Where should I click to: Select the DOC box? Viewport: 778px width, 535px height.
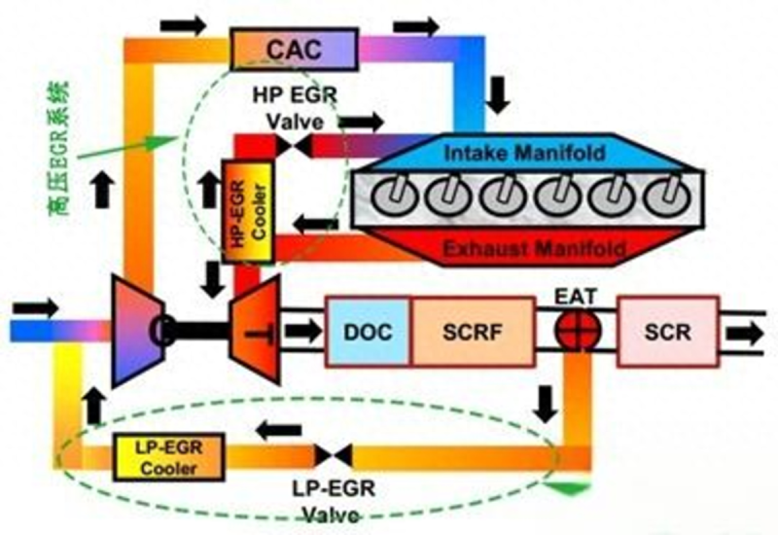pos(368,332)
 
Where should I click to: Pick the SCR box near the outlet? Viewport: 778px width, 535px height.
pos(667,332)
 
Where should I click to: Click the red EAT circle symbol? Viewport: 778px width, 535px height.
pos(575,331)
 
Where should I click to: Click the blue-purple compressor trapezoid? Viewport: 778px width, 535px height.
pos(136,331)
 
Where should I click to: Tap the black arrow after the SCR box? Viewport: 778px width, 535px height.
pos(748,333)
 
